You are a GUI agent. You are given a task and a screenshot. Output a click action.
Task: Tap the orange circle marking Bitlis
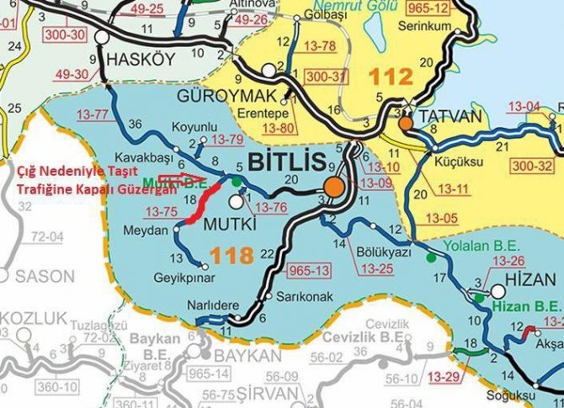(335, 187)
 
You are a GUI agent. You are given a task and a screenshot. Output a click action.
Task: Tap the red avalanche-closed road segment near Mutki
(202, 202)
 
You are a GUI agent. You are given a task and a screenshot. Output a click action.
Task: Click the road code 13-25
(378, 268)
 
